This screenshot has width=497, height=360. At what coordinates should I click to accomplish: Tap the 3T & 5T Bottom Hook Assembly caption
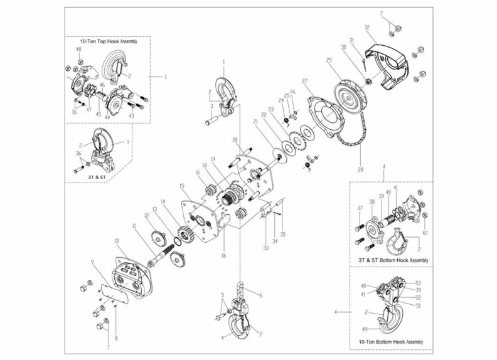coord(393,260)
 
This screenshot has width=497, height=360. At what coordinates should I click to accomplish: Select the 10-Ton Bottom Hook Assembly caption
coord(390,342)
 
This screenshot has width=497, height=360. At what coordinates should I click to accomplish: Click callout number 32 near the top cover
coord(366,27)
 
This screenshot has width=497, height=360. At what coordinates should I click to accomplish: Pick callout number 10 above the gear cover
coord(116,241)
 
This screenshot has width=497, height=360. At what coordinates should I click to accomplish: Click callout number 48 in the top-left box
coord(78,50)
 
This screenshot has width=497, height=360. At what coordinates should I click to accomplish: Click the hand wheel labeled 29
coord(345,90)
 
